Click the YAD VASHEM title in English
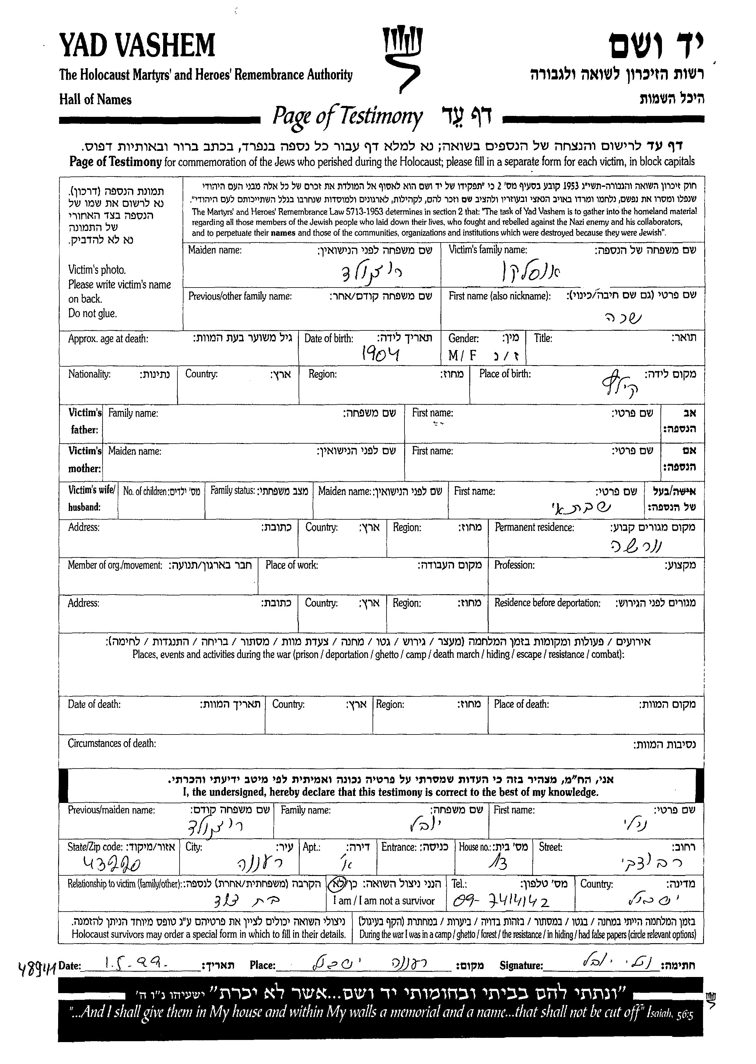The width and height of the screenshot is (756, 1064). coord(137,46)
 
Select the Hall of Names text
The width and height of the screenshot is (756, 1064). coord(96,99)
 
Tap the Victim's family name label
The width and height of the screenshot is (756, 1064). coord(487,250)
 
